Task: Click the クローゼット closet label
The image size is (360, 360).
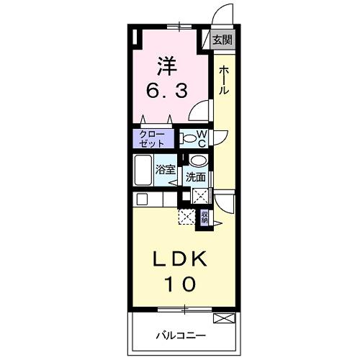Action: click(x=151, y=138)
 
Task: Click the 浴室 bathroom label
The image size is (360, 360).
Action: click(x=166, y=170)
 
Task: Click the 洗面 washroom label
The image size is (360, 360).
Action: click(x=196, y=176)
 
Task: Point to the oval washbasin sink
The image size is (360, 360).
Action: click(x=199, y=161)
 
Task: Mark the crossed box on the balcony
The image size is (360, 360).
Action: click(x=225, y=318)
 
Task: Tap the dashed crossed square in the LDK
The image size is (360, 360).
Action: click(x=187, y=217)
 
